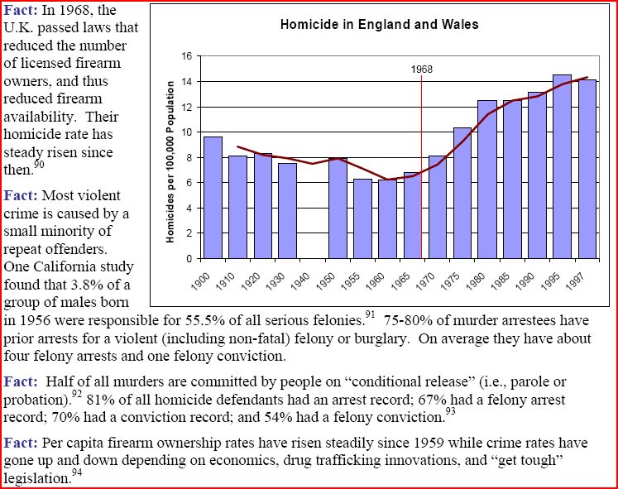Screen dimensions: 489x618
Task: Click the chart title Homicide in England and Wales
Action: point(379,25)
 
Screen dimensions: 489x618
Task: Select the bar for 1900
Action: point(213,197)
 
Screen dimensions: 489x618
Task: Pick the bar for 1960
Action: point(387,218)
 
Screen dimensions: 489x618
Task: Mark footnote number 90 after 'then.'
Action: point(39,165)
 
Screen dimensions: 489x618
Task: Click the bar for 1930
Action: point(287,210)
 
